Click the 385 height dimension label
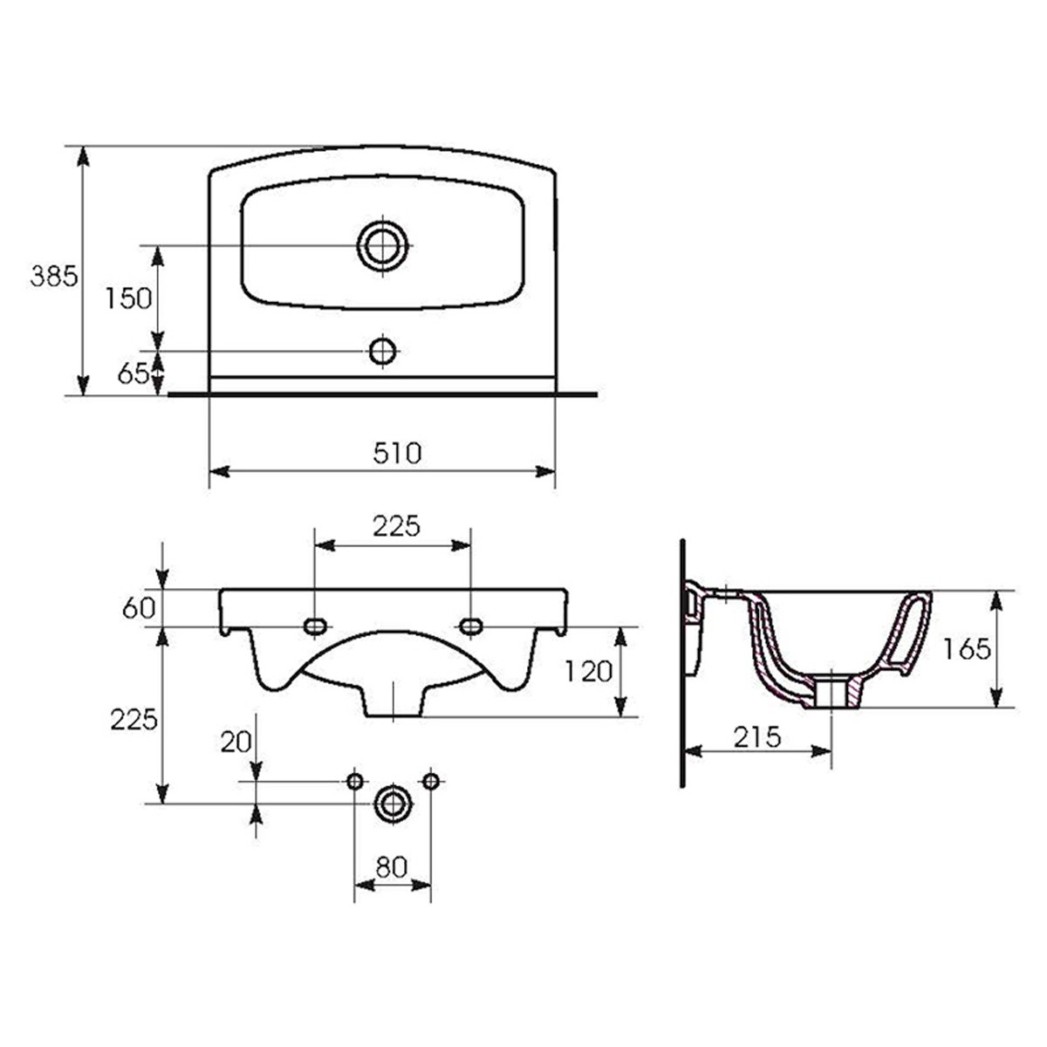coord(54,277)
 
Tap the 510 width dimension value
coord(398,454)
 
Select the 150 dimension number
coord(128,298)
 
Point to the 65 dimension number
coord(133,373)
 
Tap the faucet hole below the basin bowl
coord(382,351)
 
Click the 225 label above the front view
coord(397,526)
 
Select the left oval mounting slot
coord(315,626)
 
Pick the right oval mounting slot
coord(470,626)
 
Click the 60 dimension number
coord(139,608)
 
